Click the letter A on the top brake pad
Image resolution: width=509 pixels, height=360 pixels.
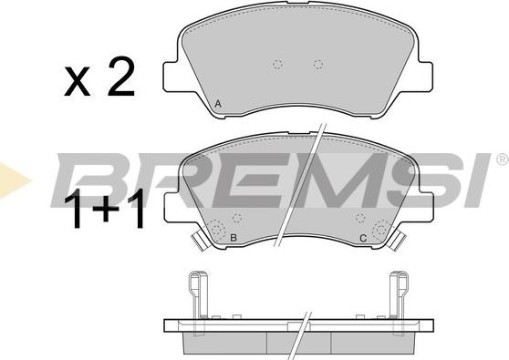[218, 104]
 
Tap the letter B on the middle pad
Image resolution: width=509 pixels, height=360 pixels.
[234, 238]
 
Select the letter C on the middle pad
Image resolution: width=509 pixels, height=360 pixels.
[363, 239]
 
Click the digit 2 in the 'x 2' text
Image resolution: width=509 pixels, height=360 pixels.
[121, 77]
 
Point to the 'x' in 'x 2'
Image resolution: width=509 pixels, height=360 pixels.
[77, 82]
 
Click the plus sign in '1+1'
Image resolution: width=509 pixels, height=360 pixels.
[106, 210]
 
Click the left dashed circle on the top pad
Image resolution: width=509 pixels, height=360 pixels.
[277, 65]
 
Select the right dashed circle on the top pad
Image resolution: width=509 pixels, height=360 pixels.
[318, 64]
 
